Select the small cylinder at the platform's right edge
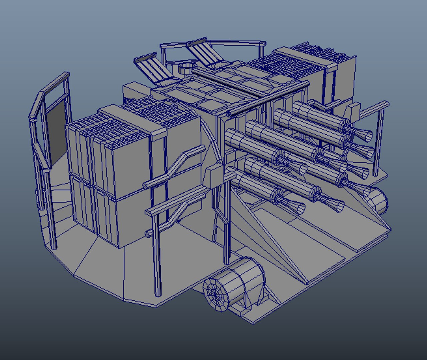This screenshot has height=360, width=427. coord(379,200)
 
